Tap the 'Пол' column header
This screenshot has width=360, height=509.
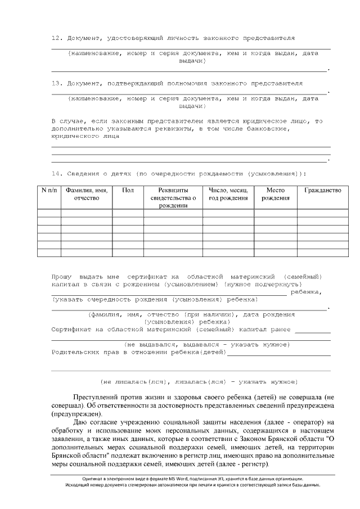click(128, 191)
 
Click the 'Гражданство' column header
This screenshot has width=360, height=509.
click(322, 191)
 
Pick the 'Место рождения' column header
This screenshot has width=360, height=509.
click(275, 194)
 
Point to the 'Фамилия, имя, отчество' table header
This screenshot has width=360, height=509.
click(86, 194)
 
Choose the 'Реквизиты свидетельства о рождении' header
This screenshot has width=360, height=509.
click(173, 198)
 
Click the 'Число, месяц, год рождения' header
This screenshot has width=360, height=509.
click(228, 194)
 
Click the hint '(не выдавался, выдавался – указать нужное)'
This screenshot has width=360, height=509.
click(206, 344)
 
